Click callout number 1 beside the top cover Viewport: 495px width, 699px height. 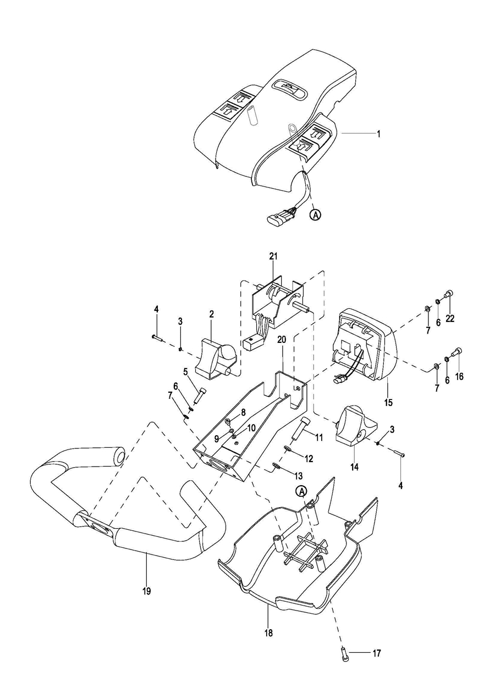[378, 134]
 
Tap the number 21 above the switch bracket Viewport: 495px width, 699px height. [273, 256]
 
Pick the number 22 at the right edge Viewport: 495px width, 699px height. [450, 318]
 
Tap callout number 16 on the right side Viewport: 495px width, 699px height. [459, 376]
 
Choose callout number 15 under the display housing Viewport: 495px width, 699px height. [388, 403]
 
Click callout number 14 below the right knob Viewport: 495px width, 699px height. [354, 467]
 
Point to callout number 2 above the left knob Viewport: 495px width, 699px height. [211, 314]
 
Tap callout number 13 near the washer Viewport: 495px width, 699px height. [298, 476]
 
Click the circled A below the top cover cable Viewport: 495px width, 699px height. [316, 215]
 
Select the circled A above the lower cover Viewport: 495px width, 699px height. [302, 491]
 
